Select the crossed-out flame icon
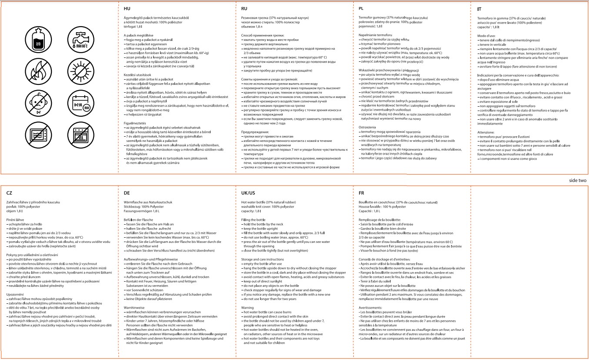[38, 70]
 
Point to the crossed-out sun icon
[78, 70]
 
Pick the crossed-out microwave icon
[38, 134]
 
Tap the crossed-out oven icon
[78, 134]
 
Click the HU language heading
[127, 8]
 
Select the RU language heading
[244, 8]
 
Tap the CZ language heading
[9, 192]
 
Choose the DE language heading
[127, 192]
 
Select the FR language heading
[361, 192]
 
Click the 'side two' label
[578, 180]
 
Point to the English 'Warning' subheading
[248, 307]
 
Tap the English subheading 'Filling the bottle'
[253, 221]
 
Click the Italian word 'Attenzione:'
[486, 132]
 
